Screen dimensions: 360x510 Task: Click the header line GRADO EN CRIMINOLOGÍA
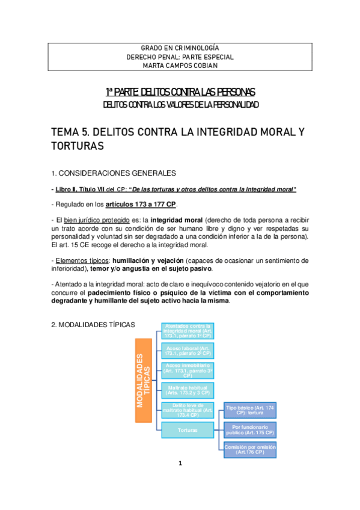[x=180, y=48]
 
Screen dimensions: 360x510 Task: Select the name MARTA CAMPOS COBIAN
[x=180, y=66]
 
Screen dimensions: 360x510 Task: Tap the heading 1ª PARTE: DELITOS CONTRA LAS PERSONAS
[x=180, y=91]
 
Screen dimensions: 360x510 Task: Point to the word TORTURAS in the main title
[x=78, y=146]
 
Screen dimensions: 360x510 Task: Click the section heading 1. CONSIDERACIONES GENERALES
[x=114, y=174]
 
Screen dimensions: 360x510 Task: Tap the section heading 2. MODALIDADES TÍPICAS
[x=94, y=325]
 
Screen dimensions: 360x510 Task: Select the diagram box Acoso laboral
[x=188, y=350]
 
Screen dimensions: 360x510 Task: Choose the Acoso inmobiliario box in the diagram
[x=188, y=370]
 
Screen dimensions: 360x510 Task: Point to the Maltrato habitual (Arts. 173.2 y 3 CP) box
[x=188, y=390]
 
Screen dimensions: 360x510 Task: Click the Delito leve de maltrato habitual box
[x=188, y=410]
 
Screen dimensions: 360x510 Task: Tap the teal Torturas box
[x=188, y=429]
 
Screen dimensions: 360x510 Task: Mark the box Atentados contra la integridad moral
[x=188, y=331]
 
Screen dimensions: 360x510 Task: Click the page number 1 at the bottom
[x=180, y=481]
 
